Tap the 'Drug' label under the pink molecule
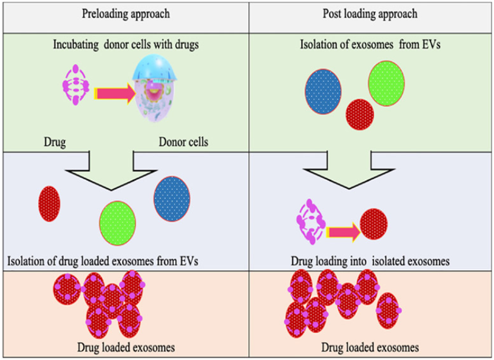[54, 142]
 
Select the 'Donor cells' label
[183, 142]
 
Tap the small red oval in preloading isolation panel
[49, 204]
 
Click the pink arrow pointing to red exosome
[342, 232]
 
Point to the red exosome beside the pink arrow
[373, 224]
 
